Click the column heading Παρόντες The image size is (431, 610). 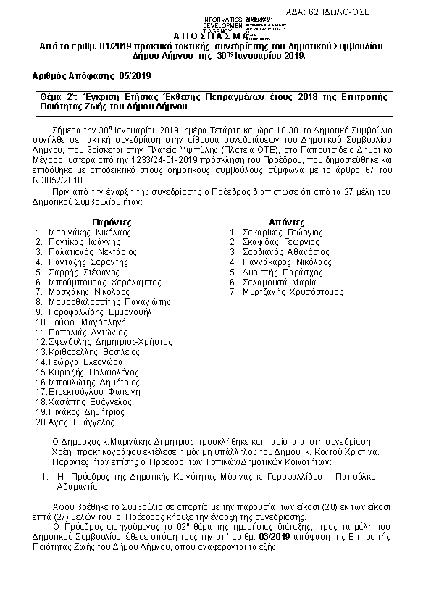coord(112,221)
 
